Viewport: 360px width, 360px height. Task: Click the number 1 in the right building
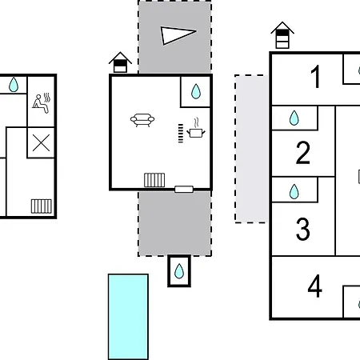[x=316, y=77]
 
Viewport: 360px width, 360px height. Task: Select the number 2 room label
[x=303, y=153]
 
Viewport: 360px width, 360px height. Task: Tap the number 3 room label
[x=303, y=229]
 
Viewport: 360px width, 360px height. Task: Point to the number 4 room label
[x=314, y=286]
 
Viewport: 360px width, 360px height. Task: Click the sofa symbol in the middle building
[x=142, y=120]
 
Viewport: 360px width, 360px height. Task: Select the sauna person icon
[x=42, y=103]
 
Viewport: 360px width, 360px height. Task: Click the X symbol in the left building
[x=41, y=143]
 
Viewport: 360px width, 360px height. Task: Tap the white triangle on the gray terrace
[x=178, y=35]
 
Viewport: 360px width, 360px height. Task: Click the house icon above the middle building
[x=120, y=62]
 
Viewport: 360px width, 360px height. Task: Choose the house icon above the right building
[x=282, y=35]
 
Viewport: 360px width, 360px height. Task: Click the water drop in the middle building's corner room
[x=196, y=91]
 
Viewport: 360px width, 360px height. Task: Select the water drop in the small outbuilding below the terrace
[x=179, y=271]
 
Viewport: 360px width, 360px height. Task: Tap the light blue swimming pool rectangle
[x=128, y=317]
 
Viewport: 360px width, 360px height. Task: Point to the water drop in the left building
[x=14, y=85]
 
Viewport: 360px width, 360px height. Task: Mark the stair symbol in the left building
[x=42, y=206]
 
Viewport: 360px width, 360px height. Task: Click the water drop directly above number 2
[x=294, y=118]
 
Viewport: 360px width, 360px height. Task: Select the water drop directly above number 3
[x=294, y=191]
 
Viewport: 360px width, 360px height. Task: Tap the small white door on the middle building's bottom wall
[x=184, y=190]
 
